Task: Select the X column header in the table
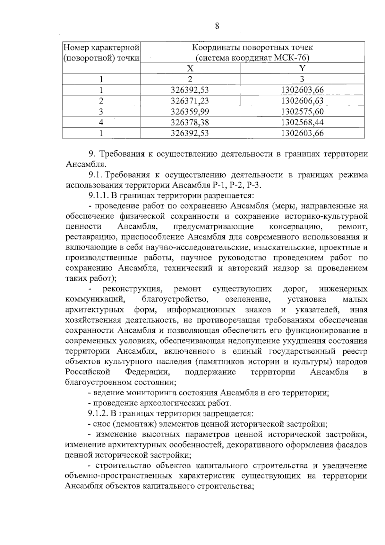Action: click(x=190, y=68)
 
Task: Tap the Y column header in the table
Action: click(x=302, y=68)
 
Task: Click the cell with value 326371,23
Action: click(x=190, y=101)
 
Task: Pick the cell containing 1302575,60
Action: click(x=302, y=111)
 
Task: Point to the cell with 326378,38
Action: click(x=190, y=122)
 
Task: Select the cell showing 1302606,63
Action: click(x=302, y=101)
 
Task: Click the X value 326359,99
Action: click(x=190, y=111)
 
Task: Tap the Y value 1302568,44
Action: click(x=302, y=122)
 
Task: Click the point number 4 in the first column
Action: click(x=101, y=122)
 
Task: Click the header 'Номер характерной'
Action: click(x=101, y=48)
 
